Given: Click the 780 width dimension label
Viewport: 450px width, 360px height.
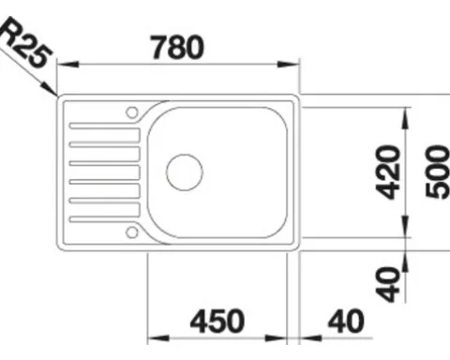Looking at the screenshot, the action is (177, 48).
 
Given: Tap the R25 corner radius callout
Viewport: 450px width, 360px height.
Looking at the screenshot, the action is (25, 42).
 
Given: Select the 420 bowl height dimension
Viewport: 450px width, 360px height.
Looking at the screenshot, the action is (388, 172).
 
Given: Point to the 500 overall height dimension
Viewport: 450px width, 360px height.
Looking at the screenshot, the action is (438, 172).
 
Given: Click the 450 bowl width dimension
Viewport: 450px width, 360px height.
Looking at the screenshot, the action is (217, 321).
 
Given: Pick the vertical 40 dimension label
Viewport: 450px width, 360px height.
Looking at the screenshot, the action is (388, 284).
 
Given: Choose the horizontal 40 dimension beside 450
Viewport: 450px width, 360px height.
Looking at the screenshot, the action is (346, 321).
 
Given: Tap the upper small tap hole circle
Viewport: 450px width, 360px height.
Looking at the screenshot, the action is (132, 112).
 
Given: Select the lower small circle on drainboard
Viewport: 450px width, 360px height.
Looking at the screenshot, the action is (132, 232).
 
